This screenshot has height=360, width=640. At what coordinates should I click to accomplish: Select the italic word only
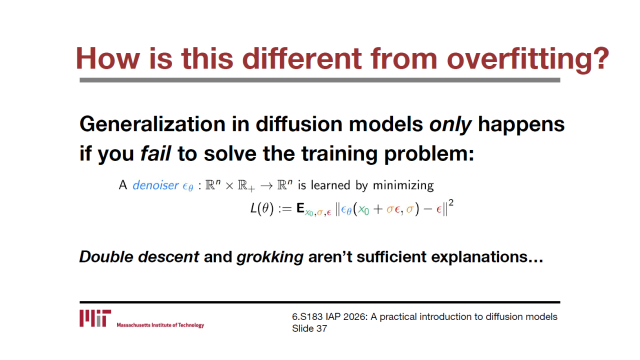[x=450, y=125]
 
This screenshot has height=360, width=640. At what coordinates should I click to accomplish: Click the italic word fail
[x=155, y=153]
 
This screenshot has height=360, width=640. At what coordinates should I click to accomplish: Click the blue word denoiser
[x=155, y=185]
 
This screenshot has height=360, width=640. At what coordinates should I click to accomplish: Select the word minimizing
[x=403, y=185]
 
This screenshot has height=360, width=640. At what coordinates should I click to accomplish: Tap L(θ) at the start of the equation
[x=261, y=208]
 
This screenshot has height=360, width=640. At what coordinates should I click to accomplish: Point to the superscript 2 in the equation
[x=451, y=203]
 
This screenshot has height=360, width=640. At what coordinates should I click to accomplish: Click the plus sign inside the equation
[x=377, y=209]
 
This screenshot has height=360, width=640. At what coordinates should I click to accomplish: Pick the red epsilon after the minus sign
[x=438, y=210]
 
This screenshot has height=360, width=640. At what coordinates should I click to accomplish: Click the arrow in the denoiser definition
[x=266, y=186]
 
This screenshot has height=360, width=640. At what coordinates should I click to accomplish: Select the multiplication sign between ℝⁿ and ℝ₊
[x=229, y=186]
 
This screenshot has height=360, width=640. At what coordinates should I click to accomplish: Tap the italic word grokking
[x=270, y=257]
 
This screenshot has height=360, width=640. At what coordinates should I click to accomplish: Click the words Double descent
[x=139, y=256]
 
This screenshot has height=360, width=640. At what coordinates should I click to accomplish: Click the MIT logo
[x=95, y=318]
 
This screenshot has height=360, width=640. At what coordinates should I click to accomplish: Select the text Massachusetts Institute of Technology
[x=160, y=325]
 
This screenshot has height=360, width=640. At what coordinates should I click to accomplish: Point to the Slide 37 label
[x=309, y=328]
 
